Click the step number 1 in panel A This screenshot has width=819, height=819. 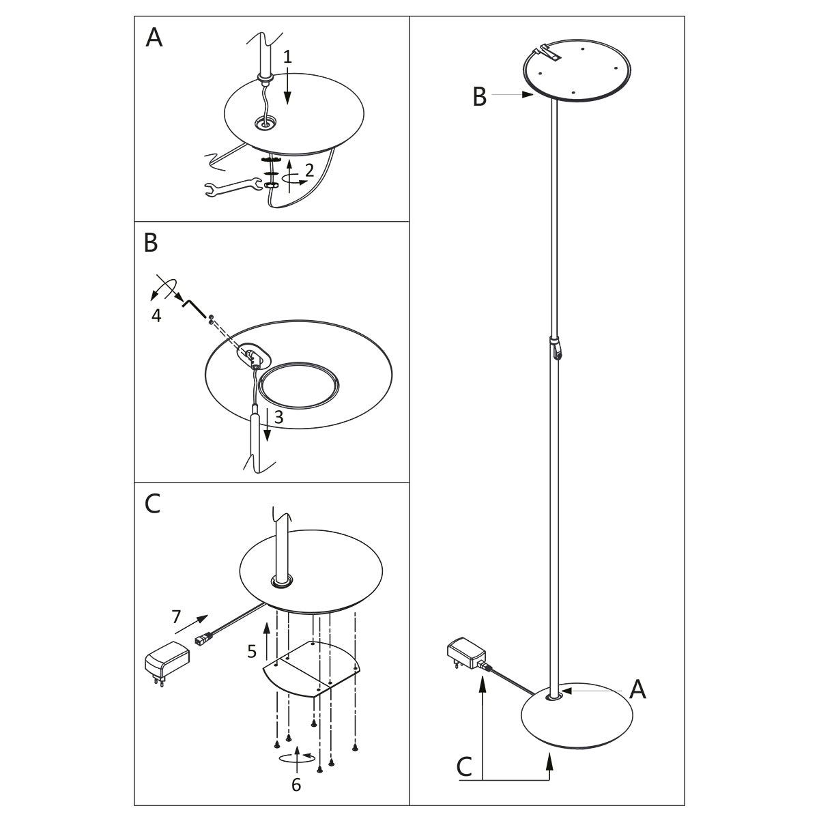pyautogui.click(x=287, y=57)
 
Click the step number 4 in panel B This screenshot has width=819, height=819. pyautogui.click(x=156, y=317)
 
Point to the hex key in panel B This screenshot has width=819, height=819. pyautogui.click(x=194, y=306)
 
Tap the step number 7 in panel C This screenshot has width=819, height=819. pyautogui.click(x=176, y=617)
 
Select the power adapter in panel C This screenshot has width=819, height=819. pyautogui.click(x=165, y=661)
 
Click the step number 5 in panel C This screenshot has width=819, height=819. pyautogui.click(x=252, y=651)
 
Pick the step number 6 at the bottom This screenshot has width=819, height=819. pyautogui.click(x=296, y=785)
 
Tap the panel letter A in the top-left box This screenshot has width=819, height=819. pyautogui.click(x=154, y=38)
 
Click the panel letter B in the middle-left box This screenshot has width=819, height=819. pyautogui.click(x=152, y=242)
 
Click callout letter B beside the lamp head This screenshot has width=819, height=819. pyautogui.click(x=480, y=97)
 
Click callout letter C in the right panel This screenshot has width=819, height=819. pyautogui.click(x=464, y=767)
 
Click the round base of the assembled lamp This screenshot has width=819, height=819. pyautogui.click(x=577, y=720)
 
